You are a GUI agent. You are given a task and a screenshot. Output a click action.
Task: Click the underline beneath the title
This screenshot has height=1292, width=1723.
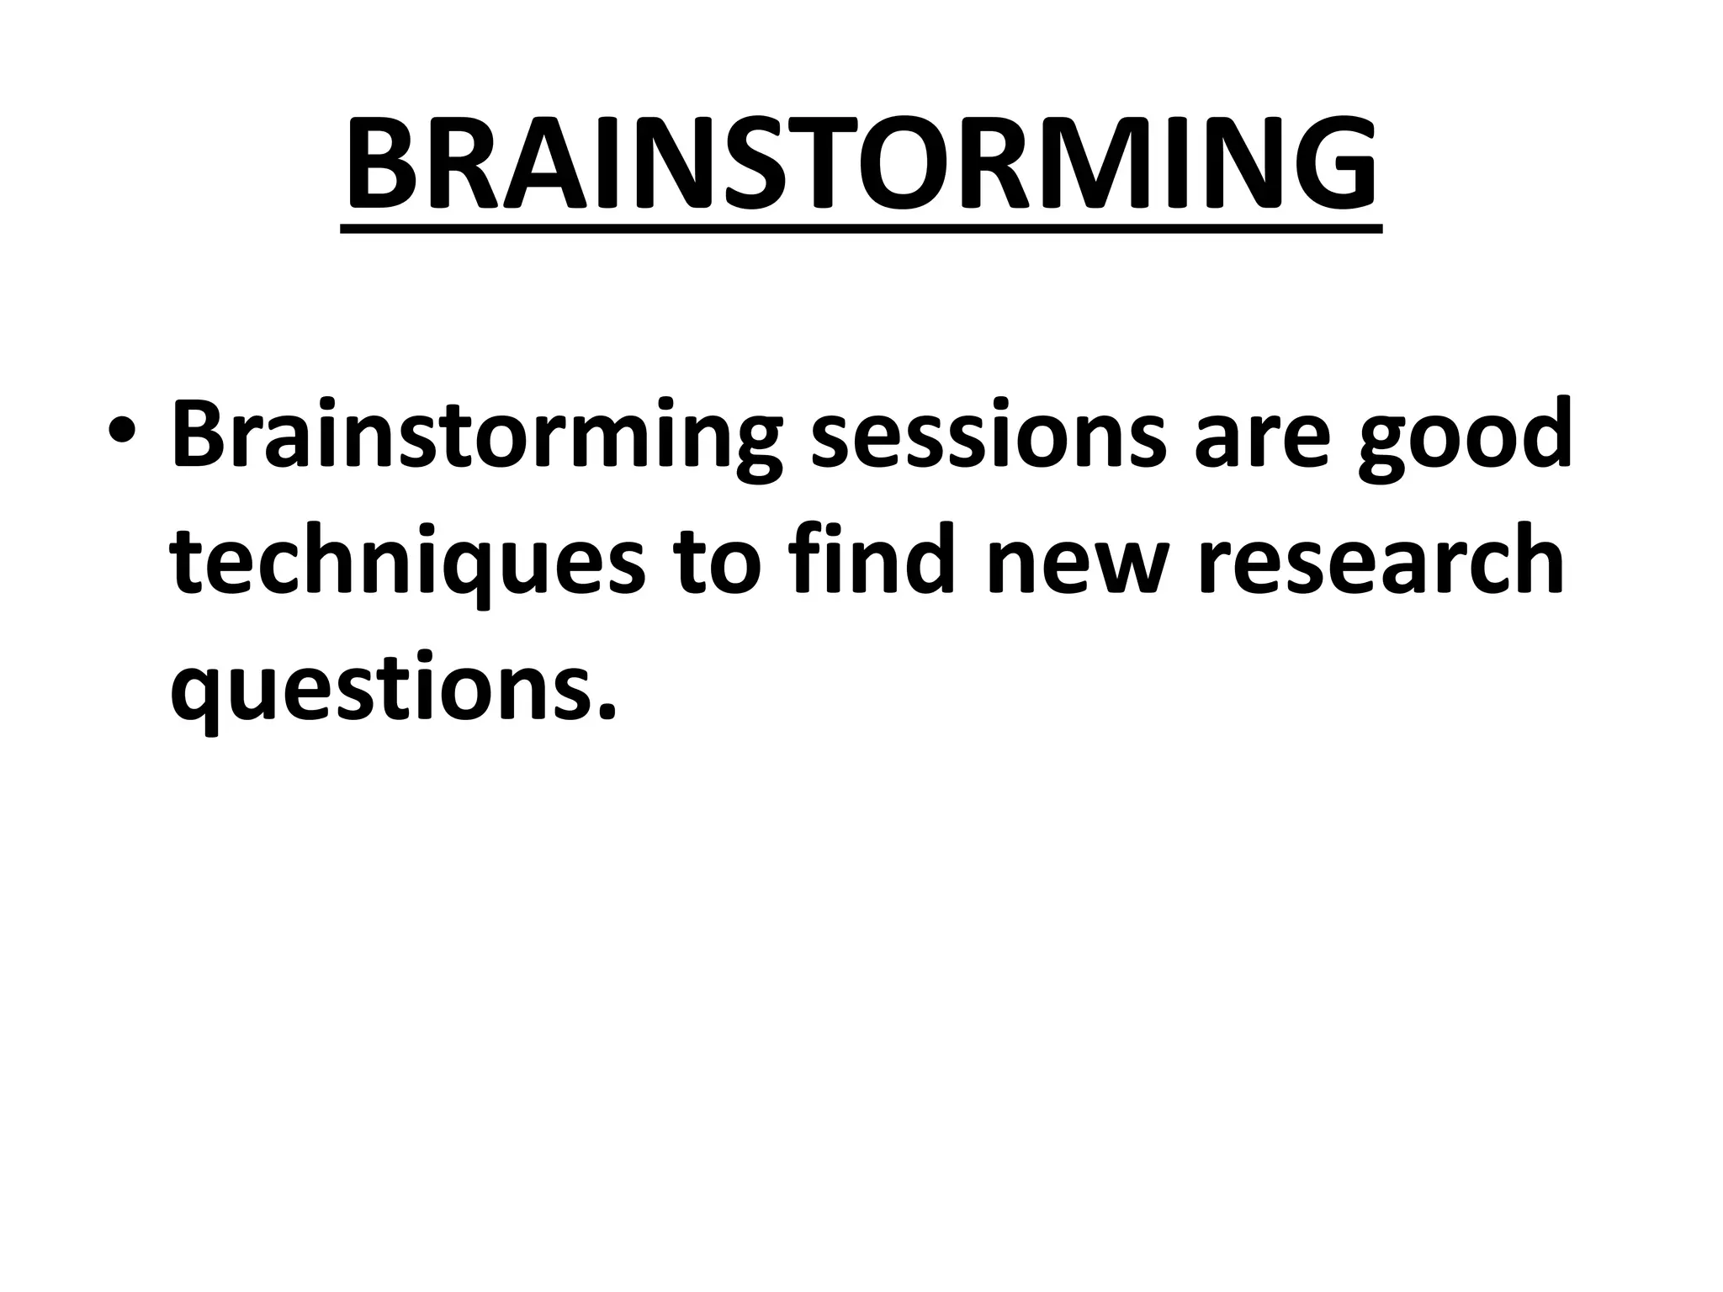click(x=861, y=228)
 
